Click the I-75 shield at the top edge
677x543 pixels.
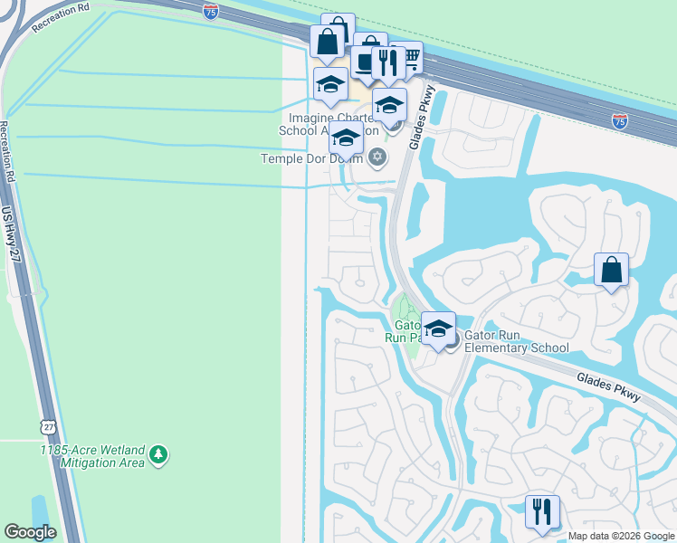point(211,11)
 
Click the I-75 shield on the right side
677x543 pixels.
point(620,120)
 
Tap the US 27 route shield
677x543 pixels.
point(48,425)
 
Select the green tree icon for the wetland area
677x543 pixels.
point(158,454)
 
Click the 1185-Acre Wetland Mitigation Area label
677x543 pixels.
point(92,455)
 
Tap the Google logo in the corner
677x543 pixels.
point(30,532)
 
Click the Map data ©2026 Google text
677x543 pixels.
point(621,536)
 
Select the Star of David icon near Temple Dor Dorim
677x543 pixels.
point(377,158)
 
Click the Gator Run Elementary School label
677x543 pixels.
point(516,341)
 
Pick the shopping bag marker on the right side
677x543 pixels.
point(611,270)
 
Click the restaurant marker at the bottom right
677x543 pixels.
point(542,510)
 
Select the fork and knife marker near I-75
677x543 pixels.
point(388,62)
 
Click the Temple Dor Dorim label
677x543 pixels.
point(311,158)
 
